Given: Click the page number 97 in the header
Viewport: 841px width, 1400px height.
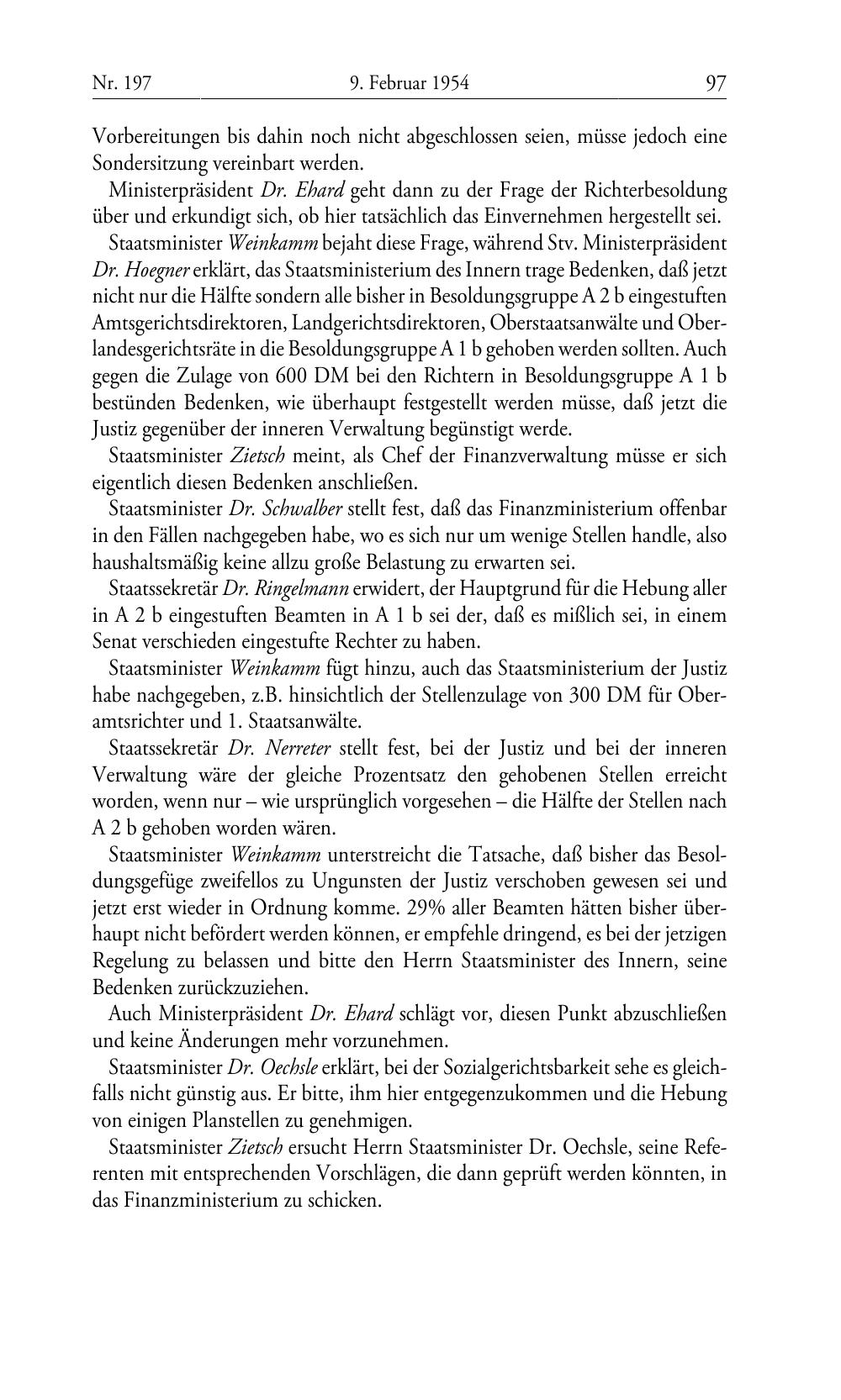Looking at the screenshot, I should click(x=716, y=83).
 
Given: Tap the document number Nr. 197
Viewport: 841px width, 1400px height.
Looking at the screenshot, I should click(x=121, y=83).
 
